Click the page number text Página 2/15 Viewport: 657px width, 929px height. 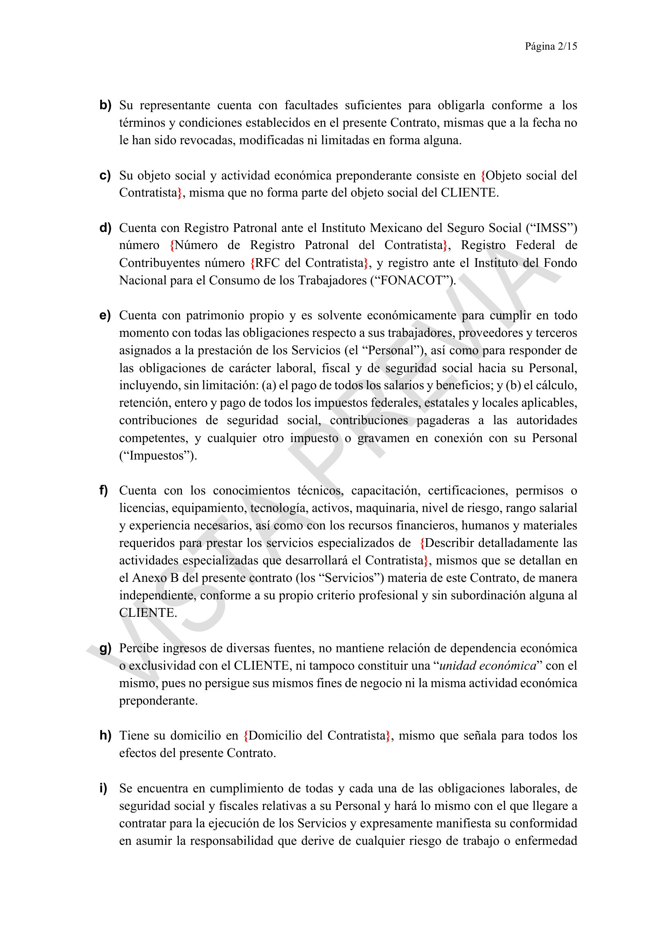click(551, 46)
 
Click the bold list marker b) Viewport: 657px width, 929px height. click(105, 105)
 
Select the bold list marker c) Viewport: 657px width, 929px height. click(105, 176)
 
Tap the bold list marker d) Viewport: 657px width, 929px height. click(105, 228)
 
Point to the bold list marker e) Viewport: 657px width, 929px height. click(105, 315)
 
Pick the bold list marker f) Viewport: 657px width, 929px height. click(104, 491)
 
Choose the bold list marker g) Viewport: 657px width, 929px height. click(105, 648)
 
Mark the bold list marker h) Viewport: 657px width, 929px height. click(105, 735)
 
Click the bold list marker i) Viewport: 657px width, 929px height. click(103, 788)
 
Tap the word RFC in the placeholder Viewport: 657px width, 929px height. click(267, 263)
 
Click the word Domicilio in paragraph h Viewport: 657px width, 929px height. click(275, 736)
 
